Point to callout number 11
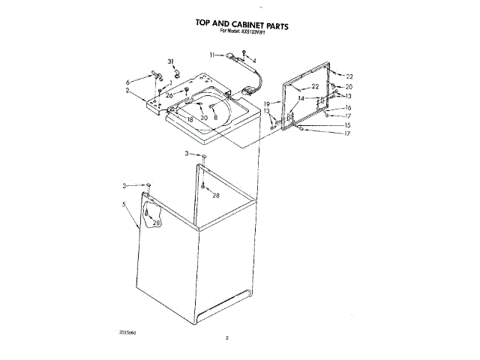click(x=212, y=55)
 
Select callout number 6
click(x=128, y=80)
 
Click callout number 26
click(x=169, y=95)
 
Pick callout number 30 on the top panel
click(x=203, y=118)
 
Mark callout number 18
click(x=190, y=120)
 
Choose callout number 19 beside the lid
click(x=267, y=103)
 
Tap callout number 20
click(x=349, y=87)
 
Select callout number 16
click(x=348, y=107)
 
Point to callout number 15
click(x=348, y=124)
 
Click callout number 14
click(x=300, y=98)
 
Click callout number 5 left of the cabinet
click(x=123, y=204)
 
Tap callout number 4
click(x=254, y=61)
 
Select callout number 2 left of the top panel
click(x=128, y=91)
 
